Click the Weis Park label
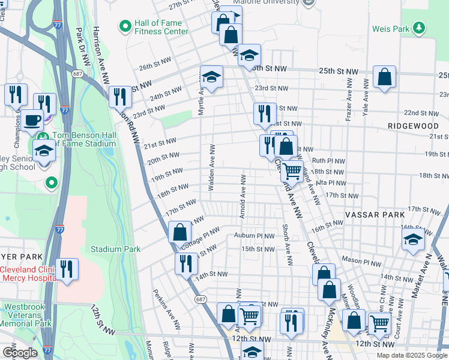coord(390,29)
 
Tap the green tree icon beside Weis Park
coord(420,28)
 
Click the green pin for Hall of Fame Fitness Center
coord(125,26)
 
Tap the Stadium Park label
coord(115,249)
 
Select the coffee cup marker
coord(33,119)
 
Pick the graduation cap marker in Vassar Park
coord(414,240)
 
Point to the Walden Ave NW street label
coord(211,167)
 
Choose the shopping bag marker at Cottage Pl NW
coord(180,232)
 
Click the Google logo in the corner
coord(20,353)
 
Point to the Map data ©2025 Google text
coord(411,355)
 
